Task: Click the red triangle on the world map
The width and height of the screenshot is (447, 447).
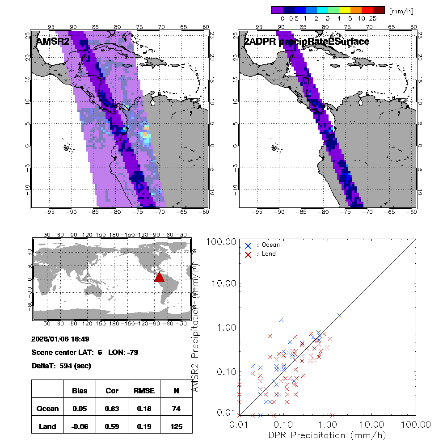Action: (160, 278)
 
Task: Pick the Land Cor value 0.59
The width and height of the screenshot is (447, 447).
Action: (112, 426)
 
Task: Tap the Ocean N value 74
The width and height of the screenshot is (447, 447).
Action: (176, 409)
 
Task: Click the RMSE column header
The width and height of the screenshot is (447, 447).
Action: (144, 391)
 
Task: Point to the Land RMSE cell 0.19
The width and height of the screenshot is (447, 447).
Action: (144, 426)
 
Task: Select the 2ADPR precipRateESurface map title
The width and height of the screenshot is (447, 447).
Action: (307, 42)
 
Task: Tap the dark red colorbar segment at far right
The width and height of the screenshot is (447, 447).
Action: (379, 10)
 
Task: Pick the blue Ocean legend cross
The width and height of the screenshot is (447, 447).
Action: (248, 245)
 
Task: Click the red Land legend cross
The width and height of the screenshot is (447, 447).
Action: (248, 254)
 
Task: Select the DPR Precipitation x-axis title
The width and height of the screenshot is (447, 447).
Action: (327, 435)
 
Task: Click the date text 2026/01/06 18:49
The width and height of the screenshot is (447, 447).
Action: (60, 339)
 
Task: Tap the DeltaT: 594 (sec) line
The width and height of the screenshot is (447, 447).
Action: (61, 366)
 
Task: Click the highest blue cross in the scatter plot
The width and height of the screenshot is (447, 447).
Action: (282, 320)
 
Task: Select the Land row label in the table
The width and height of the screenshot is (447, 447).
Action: (47, 426)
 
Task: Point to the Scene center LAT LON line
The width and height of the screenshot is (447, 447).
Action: (85, 352)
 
